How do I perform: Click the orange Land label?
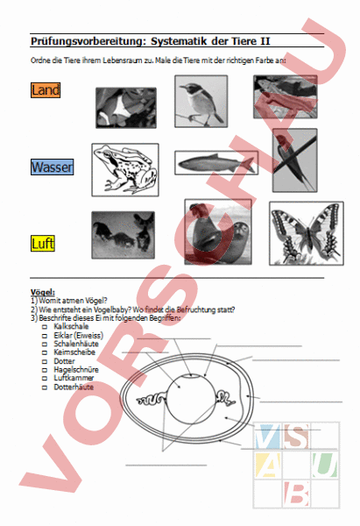click(x=45, y=89)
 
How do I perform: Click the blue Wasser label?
click(x=52, y=167)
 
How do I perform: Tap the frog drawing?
click(x=125, y=169)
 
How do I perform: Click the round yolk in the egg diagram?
click(x=188, y=397)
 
